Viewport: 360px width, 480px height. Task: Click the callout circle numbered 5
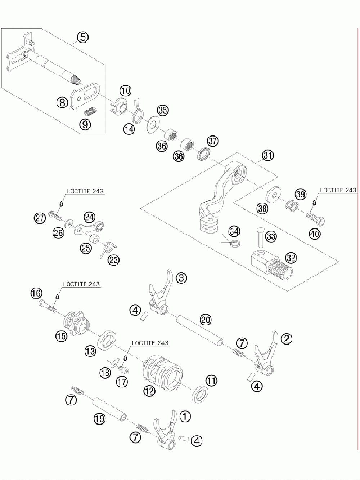pyautogui.click(x=82, y=37)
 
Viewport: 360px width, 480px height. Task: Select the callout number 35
pyautogui.click(x=163, y=110)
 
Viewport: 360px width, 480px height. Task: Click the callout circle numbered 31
pyautogui.click(x=268, y=155)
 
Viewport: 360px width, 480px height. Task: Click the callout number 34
pyautogui.click(x=234, y=232)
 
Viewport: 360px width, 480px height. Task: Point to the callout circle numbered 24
pyautogui.click(x=90, y=217)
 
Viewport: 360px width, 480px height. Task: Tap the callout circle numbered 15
pyautogui.click(x=62, y=336)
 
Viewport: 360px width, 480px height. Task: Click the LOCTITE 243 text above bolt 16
pyautogui.click(x=81, y=284)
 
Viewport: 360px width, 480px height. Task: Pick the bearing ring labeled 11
pyautogui.click(x=200, y=394)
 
